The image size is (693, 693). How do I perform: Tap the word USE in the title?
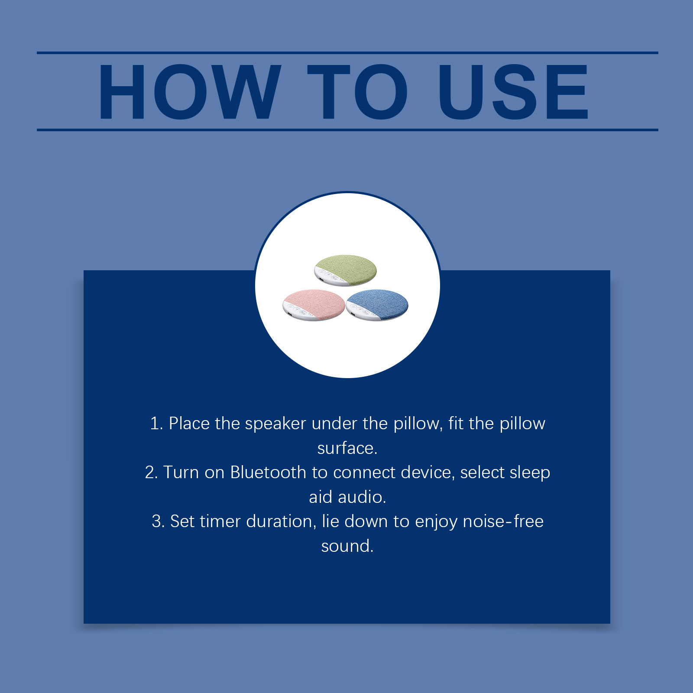[513, 92]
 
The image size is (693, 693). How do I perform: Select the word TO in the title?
[357, 92]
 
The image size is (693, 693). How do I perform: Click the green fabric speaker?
[345, 270]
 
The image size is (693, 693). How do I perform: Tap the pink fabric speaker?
[314, 305]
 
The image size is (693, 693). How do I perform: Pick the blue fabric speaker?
[377, 305]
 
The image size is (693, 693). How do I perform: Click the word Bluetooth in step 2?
[268, 473]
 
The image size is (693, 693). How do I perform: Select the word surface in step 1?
[347, 448]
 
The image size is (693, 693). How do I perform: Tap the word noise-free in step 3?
[503, 521]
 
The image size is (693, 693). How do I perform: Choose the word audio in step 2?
[362, 497]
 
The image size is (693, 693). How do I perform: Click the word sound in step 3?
[347, 546]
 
